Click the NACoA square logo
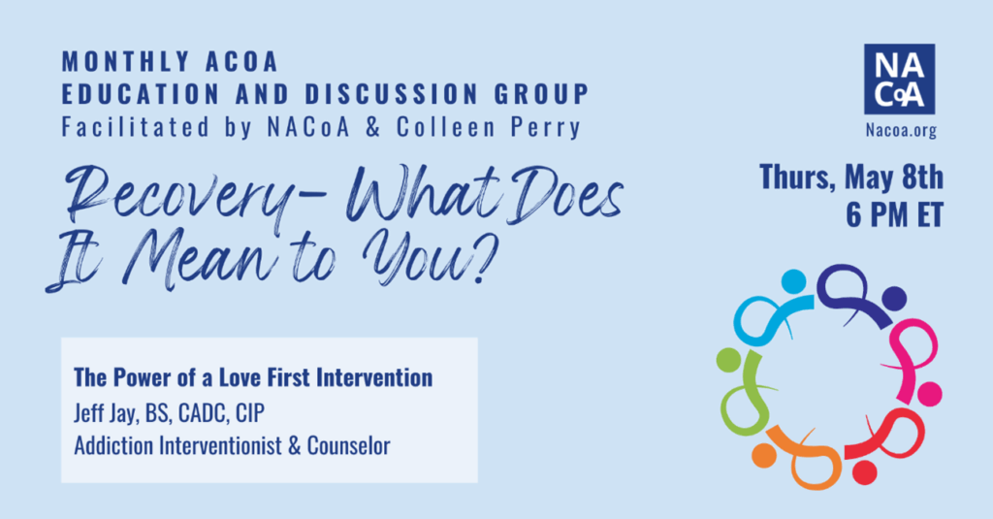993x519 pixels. (x=899, y=80)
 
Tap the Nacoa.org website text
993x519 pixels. (x=901, y=131)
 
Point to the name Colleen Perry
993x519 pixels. (x=489, y=127)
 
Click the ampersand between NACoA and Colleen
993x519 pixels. (x=373, y=127)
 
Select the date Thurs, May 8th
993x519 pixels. (x=851, y=177)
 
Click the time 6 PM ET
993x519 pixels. (x=894, y=214)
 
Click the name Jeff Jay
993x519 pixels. (x=105, y=413)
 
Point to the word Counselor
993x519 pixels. (x=348, y=445)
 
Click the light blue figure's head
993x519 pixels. (x=793, y=281)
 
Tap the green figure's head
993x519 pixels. (x=728, y=360)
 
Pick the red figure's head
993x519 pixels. (x=864, y=472)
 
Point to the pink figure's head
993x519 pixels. (x=930, y=394)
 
